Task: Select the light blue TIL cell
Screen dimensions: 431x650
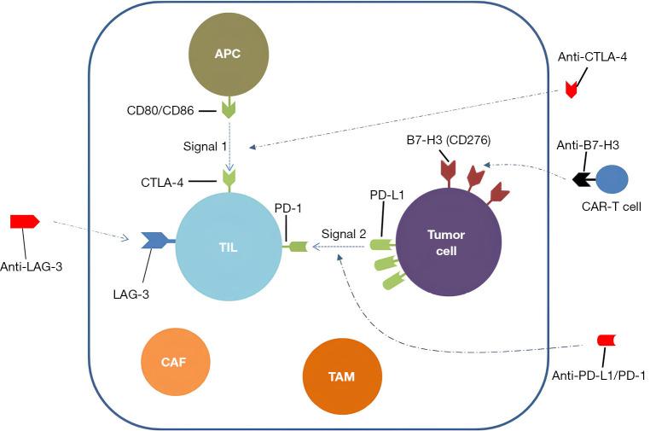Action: click(x=228, y=245)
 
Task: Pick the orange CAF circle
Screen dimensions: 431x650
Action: click(x=173, y=361)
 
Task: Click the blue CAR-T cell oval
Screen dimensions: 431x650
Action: click(x=612, y=180)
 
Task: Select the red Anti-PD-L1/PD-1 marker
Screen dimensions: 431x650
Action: click(x=606, y=341)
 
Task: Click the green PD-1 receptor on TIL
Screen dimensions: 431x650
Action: click(x=297, y=247)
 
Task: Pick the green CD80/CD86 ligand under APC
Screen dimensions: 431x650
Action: click(x=228, y=109)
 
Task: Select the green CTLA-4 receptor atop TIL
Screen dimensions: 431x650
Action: click(x=228, y=178)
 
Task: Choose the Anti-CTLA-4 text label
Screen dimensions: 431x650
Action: click(x=587, y=58)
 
